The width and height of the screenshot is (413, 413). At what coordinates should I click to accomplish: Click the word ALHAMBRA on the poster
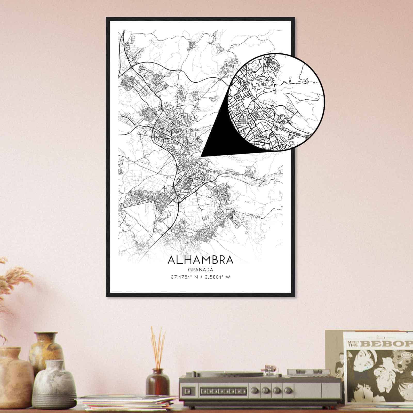point(201,260)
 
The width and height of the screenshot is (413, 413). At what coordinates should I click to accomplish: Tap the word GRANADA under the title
point(201,270)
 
